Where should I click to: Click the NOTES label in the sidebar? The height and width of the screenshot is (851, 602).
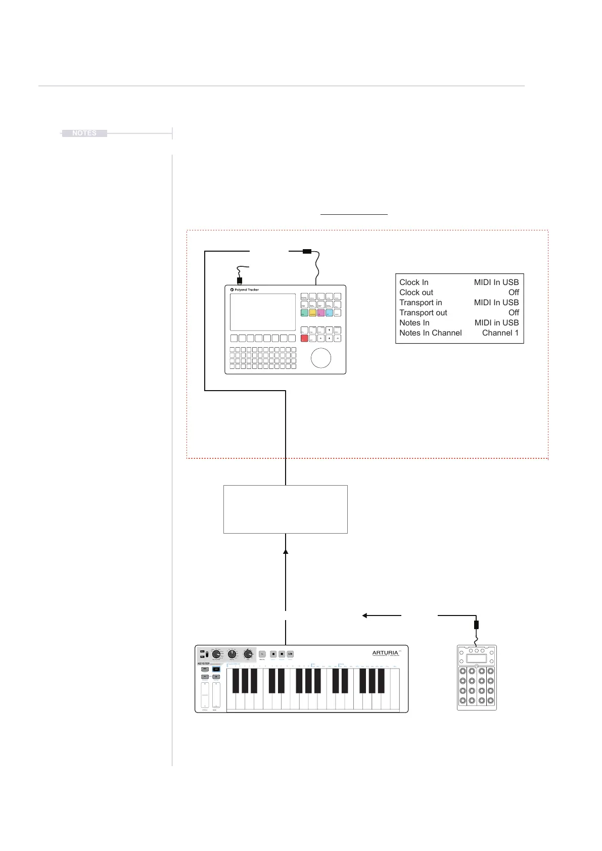[84, 133]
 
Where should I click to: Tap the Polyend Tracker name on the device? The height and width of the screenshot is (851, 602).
[246, 290]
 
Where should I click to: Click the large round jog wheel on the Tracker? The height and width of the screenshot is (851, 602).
[321, 358]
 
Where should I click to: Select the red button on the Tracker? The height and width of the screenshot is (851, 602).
[304, 339]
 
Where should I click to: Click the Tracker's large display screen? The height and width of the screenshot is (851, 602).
[263, 312]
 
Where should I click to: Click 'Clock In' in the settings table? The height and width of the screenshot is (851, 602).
[413, 282]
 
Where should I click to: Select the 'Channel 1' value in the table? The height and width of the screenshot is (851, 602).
[500, 333]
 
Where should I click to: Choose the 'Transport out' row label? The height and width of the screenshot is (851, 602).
[423, 313]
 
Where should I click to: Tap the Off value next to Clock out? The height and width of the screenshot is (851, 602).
[514, 293]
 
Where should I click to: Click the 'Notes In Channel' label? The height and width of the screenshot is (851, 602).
[430, 333]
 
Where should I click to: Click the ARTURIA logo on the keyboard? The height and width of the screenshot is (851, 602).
[385, 653]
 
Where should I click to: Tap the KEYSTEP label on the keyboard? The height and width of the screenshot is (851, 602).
[203, 664]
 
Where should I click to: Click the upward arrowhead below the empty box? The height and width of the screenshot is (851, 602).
[286, 552]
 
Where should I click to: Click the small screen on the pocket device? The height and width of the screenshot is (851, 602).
[477, 658]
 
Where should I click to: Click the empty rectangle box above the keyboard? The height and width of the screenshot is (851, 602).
[286, 509]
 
